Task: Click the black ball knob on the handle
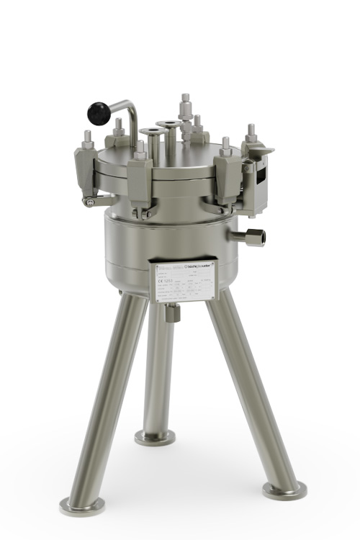coord(99,112)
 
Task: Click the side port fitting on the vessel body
coord(255,237)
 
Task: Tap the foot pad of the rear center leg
coord(155,436)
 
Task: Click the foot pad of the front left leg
coord(81,505)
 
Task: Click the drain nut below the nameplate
coord(171,312)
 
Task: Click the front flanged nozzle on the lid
coord(153,134)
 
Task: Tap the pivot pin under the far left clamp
coord(89,202)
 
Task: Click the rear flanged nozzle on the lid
coord(170,126)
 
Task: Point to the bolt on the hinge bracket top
coord(251,134)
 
